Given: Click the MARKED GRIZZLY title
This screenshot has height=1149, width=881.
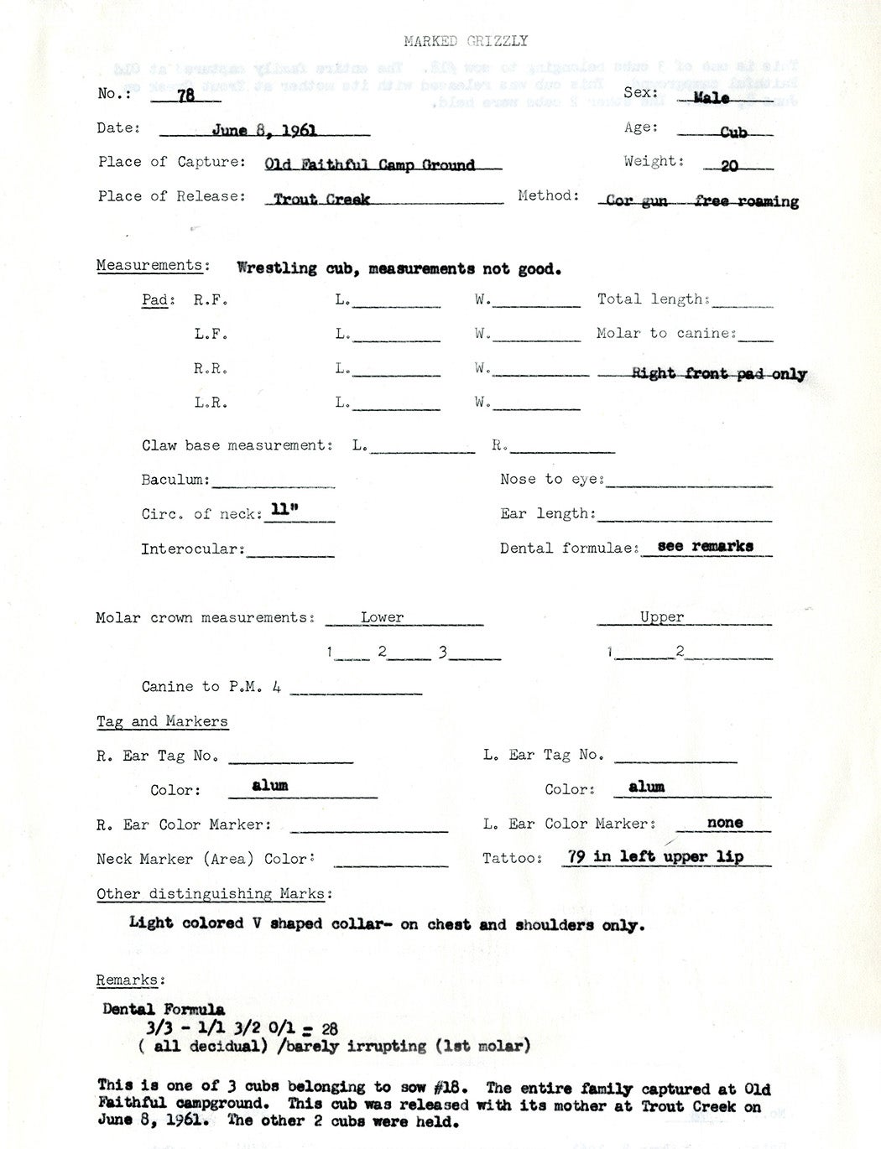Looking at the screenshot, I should coord(465,40).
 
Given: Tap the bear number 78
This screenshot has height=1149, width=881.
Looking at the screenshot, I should coord(185,96).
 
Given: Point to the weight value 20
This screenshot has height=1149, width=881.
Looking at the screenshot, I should coord(729,166).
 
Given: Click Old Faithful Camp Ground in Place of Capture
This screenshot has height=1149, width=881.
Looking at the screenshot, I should coord(369,165).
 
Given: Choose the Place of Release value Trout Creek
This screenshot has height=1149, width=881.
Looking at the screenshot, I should coord(321,200).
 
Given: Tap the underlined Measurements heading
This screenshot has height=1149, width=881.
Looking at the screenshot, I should coord(149,266).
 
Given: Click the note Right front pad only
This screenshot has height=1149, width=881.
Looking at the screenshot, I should coord(719,374).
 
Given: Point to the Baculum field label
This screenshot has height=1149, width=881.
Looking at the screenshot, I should coord(175,480).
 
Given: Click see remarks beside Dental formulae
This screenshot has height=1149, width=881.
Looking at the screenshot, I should coord(705,546).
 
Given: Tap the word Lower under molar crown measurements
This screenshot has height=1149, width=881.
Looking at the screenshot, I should coord(382,617).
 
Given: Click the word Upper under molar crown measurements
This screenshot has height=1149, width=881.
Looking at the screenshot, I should coord(662,617).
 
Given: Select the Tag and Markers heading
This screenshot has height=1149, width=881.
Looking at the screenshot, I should coord(162,721).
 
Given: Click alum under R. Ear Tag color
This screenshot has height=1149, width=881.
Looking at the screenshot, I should coord(269,785).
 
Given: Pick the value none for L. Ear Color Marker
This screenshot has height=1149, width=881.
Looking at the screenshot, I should coord(725,823).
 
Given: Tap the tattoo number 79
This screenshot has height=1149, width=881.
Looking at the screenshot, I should coord(576,857).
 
